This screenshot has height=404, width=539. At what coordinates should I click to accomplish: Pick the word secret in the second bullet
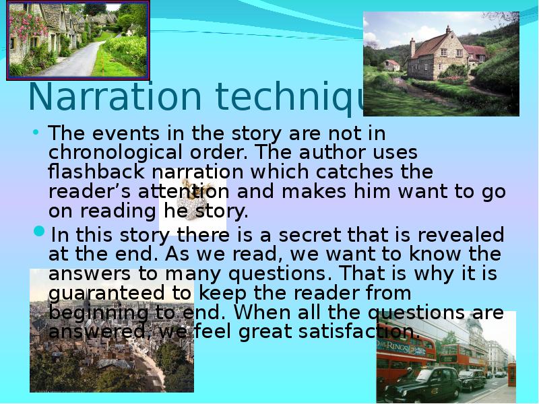pos(304,235)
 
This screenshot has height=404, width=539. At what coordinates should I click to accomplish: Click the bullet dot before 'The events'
pos(37,132)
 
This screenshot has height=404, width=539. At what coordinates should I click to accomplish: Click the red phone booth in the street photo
pos(511,374)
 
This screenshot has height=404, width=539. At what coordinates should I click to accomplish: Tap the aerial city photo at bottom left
pos(111,330)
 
